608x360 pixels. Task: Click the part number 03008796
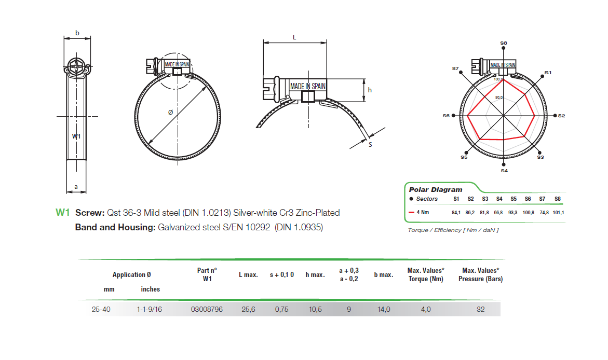[x=207, y=310]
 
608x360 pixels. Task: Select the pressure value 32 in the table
[x=480, y=310]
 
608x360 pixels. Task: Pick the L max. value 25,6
[x=248, y=310]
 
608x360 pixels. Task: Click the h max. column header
[x=315, y=275]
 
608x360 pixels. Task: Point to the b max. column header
[x=383, y=275]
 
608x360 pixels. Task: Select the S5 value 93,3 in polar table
[x=513, y=213]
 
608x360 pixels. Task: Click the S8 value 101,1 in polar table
[x=559, y=213]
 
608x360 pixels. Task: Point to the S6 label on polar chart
[x=446, y=116]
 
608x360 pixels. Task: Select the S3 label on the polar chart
[x=540, y=157]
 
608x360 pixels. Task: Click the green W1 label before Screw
[x=62, y=213]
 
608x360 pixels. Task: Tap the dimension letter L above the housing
[x=294, y=37]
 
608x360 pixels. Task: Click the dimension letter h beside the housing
[x=370, y=90]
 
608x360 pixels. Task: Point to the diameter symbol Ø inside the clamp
[x=170, y=112]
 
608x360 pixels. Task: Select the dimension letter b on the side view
[x=77, y=33]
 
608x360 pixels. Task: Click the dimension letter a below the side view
[x=76, y=186]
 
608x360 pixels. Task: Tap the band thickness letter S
[x=370, y=145]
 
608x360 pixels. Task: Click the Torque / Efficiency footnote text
[x=453, y=230]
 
